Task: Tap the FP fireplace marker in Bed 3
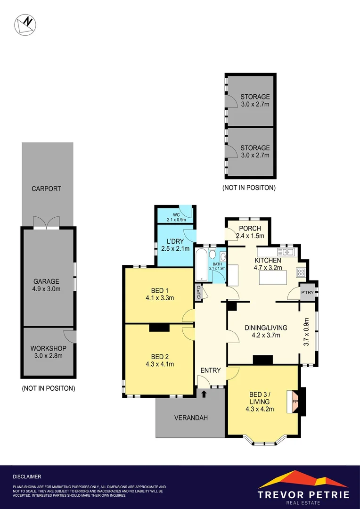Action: [x=295, y=402]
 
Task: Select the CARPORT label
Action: [x=46, y=189]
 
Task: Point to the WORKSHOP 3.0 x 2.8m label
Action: [x=49, y=352]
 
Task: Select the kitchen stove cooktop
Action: [x=301, y=272]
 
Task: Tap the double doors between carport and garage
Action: [x=46, y=223]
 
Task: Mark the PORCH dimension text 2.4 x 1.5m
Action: [x=250, y=236]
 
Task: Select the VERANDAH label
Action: [x=191, y=418]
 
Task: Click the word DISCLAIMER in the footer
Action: [x=27, y=477]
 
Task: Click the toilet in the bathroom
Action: [x=212, y=255]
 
